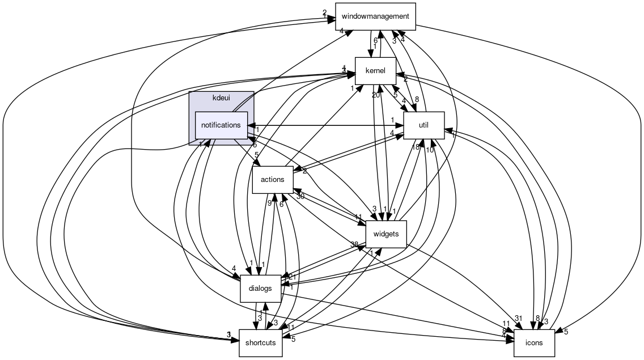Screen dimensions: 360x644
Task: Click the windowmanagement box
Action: point(375,16)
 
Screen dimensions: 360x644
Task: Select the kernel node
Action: point(375,71)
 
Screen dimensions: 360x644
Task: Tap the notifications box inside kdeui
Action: point(221,125)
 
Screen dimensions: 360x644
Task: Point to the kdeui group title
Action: point(221,98)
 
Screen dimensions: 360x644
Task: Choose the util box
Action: point(423,125)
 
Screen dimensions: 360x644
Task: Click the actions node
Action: point(272,179)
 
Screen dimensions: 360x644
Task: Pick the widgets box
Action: point(386,234)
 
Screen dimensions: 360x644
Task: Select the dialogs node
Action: point(260,288)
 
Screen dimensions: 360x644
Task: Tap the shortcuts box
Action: point(260,342)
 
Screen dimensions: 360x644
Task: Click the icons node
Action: point(533,342)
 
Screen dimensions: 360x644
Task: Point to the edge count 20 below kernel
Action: point(375,95)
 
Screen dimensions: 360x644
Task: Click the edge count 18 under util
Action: point(416,147)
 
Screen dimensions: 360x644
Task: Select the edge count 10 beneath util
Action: point(430,150)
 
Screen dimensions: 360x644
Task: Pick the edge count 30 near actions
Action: point(300,197)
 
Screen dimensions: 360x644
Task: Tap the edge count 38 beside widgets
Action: point(354,245)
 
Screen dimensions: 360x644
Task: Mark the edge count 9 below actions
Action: point(270,203)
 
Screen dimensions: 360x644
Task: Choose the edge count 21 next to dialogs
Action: point(293,277)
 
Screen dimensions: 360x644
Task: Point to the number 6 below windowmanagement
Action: point(375,40)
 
